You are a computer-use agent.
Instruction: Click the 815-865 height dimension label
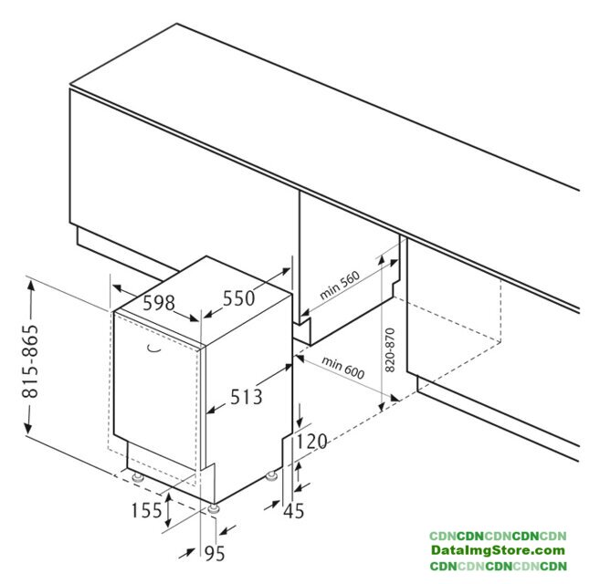(31, 361)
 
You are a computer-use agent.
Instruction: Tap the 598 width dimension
(159, 303)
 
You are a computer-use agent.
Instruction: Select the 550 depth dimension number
(238, 297)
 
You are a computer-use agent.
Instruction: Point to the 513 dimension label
(247, 396)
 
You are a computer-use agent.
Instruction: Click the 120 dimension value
(311, 441)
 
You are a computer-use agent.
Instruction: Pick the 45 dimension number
(294, 511)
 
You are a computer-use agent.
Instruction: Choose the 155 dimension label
(146, 510)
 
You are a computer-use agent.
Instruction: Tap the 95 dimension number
(215, 553)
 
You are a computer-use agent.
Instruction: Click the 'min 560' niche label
(340, 285)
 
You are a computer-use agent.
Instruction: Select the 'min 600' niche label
(343, 368)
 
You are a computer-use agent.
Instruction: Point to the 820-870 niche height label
(390, 349)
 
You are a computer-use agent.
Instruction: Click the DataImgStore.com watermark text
(498, 550)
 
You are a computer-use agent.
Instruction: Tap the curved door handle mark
(154, 349)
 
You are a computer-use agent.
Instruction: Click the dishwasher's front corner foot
(213, 508)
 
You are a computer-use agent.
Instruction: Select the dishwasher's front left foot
(137, 477)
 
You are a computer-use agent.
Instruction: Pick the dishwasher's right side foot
(271, 475)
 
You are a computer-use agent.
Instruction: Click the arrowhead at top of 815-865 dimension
(31, 284)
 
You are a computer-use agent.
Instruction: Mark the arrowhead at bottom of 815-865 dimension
(28, 428)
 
